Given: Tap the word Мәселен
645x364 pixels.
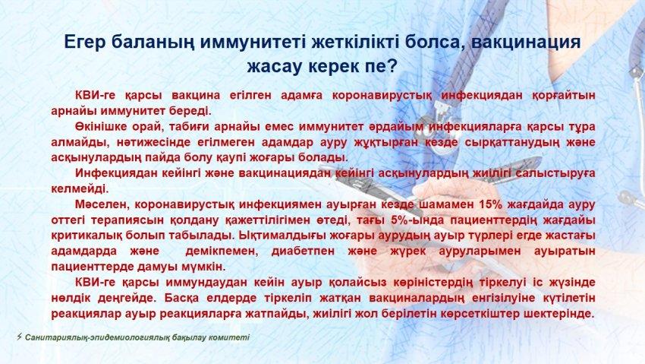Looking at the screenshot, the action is [100, 204].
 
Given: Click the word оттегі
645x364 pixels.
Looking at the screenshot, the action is [67, 220].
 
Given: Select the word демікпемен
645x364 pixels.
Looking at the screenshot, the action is [221, 252].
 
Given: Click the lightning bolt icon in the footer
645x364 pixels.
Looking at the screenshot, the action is [19, 337].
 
